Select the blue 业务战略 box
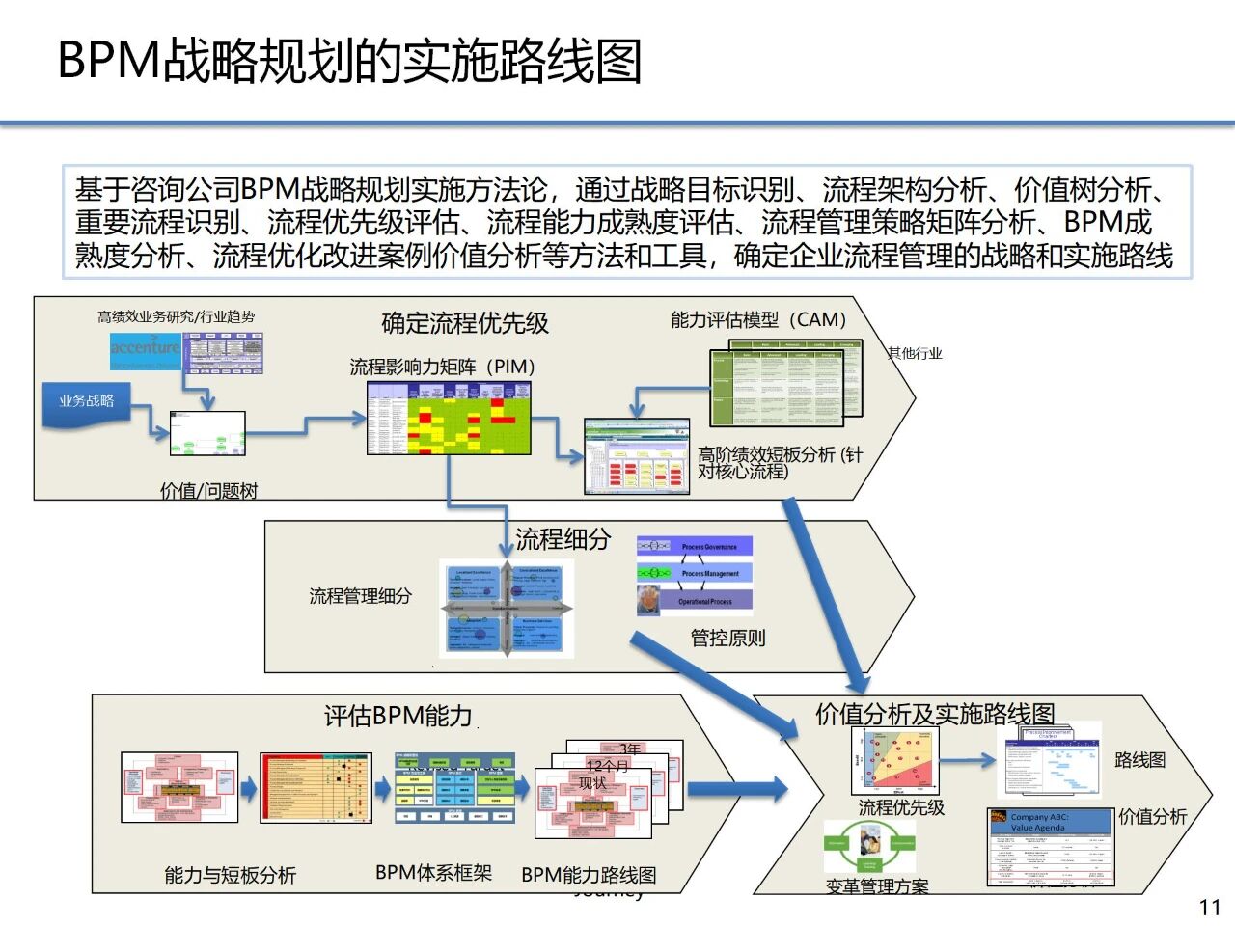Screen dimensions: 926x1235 pyautogui.click(x=88, y=401)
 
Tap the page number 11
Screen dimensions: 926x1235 pyautogui.click(x=1210, y=907)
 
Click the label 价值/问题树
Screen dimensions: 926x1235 pyautogui.click(x=208, y=491)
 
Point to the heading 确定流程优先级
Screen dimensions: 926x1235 pyautogui.click(x=465, y=323)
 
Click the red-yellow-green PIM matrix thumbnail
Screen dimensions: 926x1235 pyautogui.click(x=449, y=418)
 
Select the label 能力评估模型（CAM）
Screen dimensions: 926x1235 pyautogui.click(x=758, y=319)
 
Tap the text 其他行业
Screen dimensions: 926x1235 pyautogui.click(x=915, y=353)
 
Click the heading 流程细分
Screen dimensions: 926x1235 pyautogui.click(x=563, y=539)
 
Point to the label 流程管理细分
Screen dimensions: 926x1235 pyautogui.click(x=360, y=596)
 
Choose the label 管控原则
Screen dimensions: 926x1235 pyautogui.click(x=727, y=638)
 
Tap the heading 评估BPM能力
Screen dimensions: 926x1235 pyautogui.click(x=398, y=716)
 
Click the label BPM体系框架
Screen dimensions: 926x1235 pyautogui.click(x=433, y=873)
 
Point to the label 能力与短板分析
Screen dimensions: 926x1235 pyautogui.click(x=230, y=875)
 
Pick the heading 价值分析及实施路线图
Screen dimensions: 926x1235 pyautogui.click(x=935, y=714)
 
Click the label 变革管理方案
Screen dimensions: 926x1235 pyautogui.click(x=877, y=886)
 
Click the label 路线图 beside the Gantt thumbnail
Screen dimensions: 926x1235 pyautogui.click(x=1139, y=760)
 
